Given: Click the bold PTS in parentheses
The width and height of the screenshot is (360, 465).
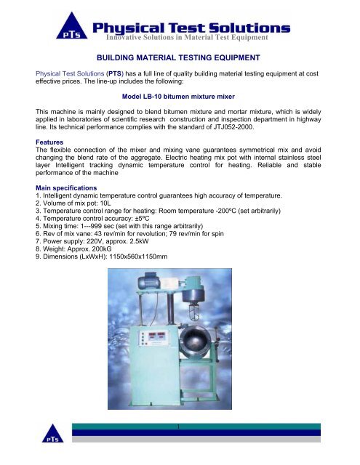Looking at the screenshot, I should pyautogui.click(x=118, y=75).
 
